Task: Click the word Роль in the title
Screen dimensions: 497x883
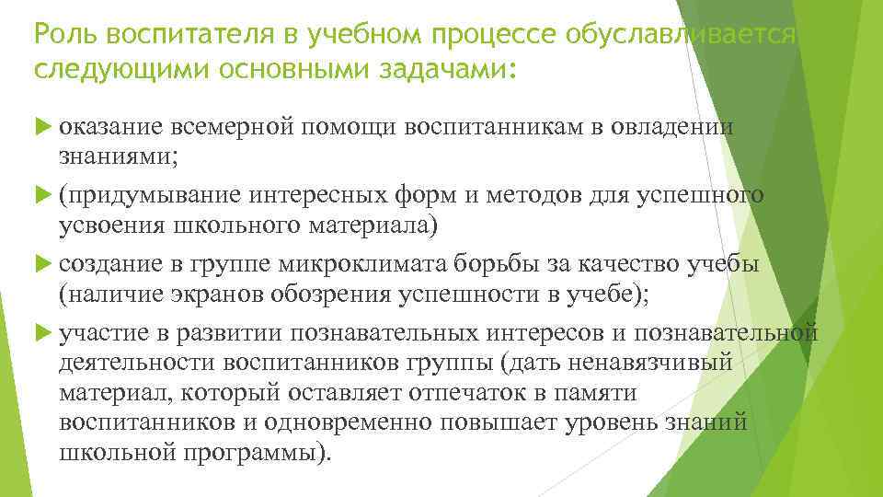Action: pos(63,35)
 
